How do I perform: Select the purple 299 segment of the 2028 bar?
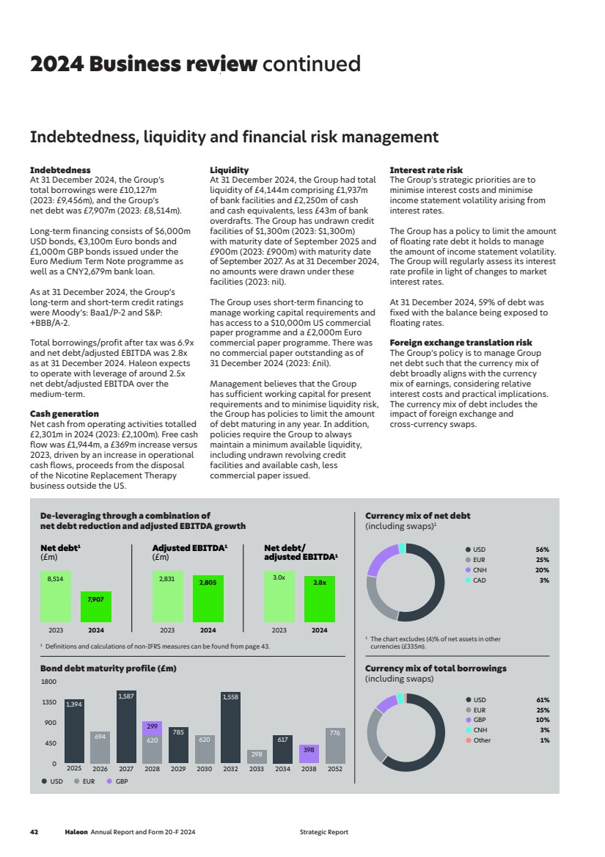[x=152, y=728]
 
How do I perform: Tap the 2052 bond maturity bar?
[x=335, y=745]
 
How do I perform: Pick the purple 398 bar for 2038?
[x=309, y=754]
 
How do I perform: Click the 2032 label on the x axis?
[x=230, y=769]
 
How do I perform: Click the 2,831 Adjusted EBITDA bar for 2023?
[x=167, y=597]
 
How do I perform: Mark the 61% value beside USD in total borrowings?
[x=543, y=700]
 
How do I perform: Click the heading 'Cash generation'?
[x=64, y=414]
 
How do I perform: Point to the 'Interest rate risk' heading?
[x=426, y=170]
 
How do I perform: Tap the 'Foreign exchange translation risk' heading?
[x=461, y=343]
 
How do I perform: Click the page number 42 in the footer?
[x=34, y=832]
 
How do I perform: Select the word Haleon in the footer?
[x=76, y=832]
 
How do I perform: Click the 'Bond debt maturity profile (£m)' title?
[x=109, y=668]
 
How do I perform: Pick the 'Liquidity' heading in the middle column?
[x=229, y=170]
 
